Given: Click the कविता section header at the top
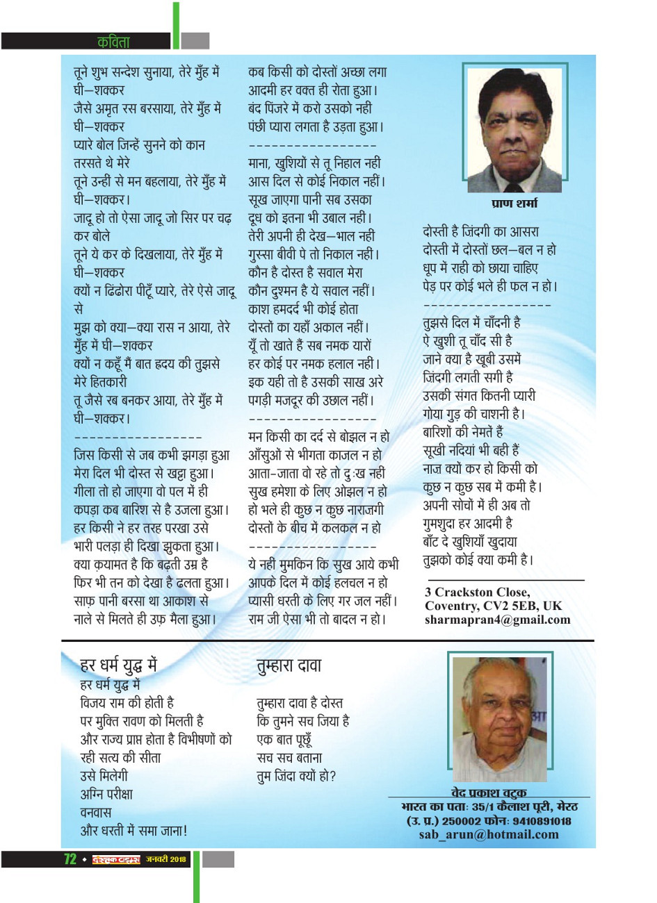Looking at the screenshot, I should pos(113,42).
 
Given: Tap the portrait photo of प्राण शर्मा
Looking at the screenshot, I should pos(514,129).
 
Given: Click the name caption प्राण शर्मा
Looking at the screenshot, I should pos(514,204).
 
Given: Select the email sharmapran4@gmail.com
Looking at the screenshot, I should pos(497,620).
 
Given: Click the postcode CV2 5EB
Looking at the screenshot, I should pos(510,606).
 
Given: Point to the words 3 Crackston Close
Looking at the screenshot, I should pos(477,593).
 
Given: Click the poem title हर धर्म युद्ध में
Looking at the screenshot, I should pos(119,665).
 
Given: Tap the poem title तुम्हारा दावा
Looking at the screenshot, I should pos(289,665).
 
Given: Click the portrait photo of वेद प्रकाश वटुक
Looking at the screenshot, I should pos(500,719).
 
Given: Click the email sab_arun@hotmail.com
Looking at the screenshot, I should pos(488,835).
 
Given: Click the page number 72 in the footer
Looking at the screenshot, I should pos(70,860).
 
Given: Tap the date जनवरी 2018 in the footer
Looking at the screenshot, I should pos(166,860).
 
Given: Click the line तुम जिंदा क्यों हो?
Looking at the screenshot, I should pos(296,776).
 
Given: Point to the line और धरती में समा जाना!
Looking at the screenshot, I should pos(133,830).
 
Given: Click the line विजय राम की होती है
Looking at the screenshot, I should pos(127,703).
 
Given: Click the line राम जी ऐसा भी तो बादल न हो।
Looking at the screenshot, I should pos(317,619).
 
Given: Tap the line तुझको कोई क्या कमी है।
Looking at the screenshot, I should pos(478,560).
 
